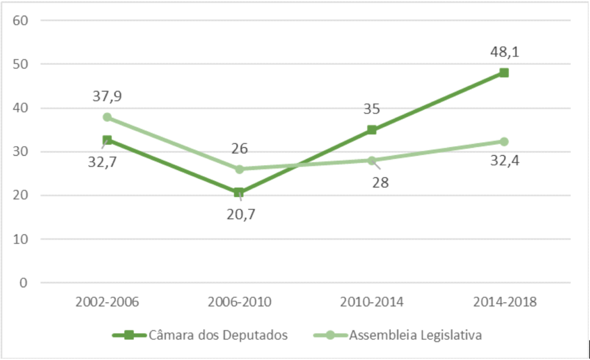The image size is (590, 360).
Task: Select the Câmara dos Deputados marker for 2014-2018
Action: (504, 73)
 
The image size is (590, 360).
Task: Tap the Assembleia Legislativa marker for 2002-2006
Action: (107, 117)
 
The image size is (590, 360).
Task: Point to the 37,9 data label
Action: (108, 96)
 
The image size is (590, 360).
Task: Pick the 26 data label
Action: (240, 149)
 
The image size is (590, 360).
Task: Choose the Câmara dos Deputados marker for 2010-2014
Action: (372, 130)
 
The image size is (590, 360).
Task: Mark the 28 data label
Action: (380, 183)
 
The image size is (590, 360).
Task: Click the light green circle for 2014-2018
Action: (504, 142)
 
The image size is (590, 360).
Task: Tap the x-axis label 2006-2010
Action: (240, 302)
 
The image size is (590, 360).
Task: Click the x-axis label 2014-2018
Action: (504, 302)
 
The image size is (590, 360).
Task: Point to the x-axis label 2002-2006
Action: (107, 302)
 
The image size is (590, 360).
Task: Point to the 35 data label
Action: (372, 109)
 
